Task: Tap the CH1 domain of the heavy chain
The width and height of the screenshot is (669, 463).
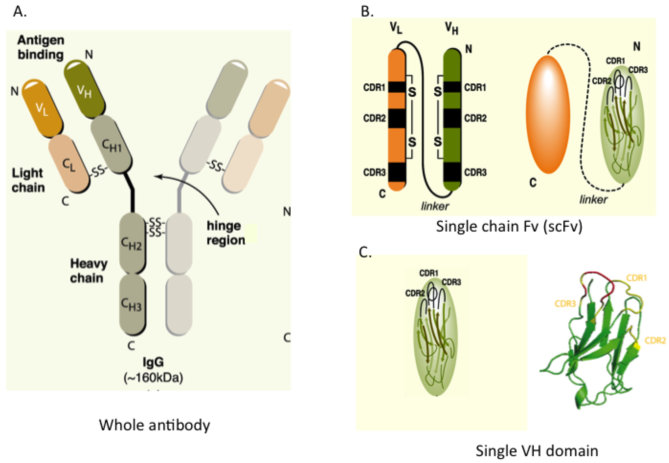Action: (x=112, y=145)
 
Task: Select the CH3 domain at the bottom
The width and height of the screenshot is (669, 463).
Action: (x=132, y=304)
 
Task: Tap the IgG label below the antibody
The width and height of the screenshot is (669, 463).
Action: (x=153, y=362)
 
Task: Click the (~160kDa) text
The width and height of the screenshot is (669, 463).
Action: (x=153, y=377)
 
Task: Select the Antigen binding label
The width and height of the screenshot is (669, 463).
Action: (x=41, y=47)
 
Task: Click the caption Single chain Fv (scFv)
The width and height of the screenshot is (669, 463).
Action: (x=509, y=227)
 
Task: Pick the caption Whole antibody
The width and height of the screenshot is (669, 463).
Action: (x=155, y=425)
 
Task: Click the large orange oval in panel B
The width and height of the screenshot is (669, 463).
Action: (x=548, y=115)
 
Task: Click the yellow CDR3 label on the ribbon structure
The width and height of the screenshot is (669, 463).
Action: (x=565, y=304)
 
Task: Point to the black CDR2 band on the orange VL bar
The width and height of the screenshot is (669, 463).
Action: (x=397, y=118)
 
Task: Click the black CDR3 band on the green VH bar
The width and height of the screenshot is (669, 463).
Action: (x=452, y=172)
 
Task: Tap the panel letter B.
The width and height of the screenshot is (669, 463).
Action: (x=367, y=12)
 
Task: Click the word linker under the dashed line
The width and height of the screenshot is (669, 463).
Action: (x=593, y=200)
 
